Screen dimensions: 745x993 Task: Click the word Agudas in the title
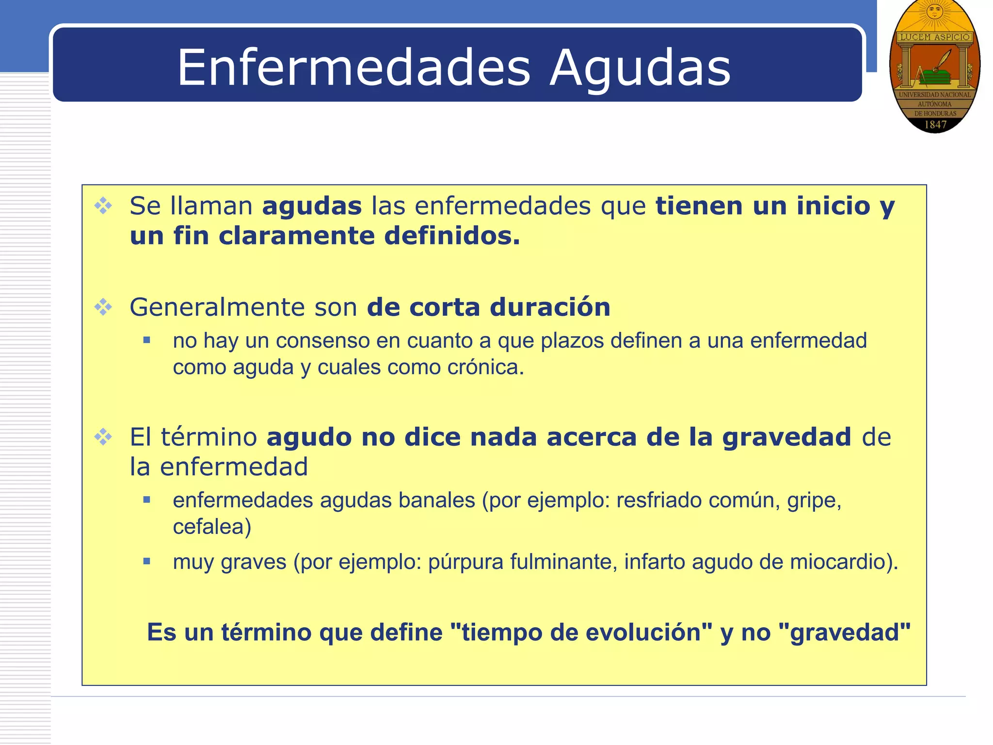[640, 69]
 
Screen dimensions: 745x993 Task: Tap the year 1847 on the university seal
[935, 125]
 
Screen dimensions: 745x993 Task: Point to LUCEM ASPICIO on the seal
[935, 37]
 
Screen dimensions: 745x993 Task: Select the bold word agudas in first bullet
[312, 206]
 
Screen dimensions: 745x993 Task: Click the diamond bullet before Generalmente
[103, 307]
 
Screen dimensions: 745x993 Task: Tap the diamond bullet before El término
[103, 437]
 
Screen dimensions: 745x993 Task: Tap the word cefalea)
[212, 527]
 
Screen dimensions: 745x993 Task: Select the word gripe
[814, 501]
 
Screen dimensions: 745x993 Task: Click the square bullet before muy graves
[147, 562]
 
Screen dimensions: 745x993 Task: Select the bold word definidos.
[452, 236]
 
